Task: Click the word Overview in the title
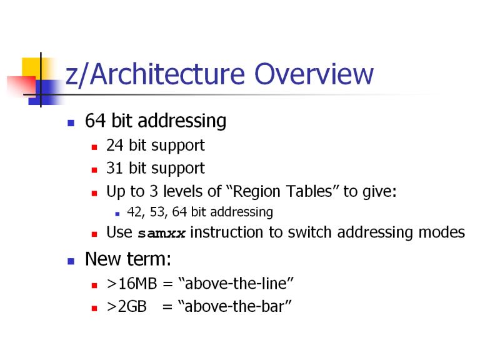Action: pyautogui.click(x=314, y=74)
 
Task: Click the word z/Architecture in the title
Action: pyautogui.click(x=155, y=74)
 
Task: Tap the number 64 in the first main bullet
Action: pyautogui.click(x=96, y=121)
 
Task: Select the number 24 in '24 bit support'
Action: pyautogui.click(x=115, y=146)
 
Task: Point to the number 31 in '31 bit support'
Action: pyautogui.click(x=115, y=168)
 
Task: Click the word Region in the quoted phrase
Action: pyautogui.click(x=256, y=192)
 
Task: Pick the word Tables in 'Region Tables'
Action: pyautogui.click(x=309, y=191)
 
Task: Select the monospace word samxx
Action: pyautogui.click(x=162, y=234)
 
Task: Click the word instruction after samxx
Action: pyautogui.click(x=226, y=232)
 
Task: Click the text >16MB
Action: pyautogui.click(x=132, y=284)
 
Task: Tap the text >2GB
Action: pyautogui.click(x=127, y=306)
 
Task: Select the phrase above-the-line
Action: pyautogui.click(x=236, y=283)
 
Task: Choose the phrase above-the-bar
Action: pyautogui.click(x=234, y=306)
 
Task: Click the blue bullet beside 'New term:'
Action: pyautogui.click(x=71, y=261)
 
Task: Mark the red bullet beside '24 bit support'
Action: pyautogui.click(x=94, y=147)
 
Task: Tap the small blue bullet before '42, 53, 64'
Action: pyautogui.click(x=117, y=214)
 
